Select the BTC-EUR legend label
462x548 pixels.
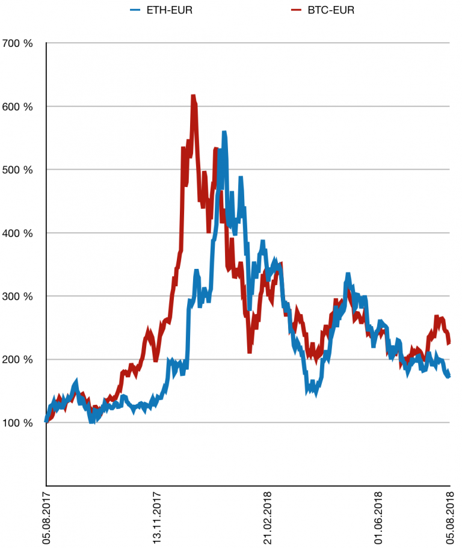[x=328, y=10]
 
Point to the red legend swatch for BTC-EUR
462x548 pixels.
[x=295, y=10]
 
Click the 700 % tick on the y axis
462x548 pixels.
[x=18, y=43]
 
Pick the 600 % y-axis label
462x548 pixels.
[x=18, y=106]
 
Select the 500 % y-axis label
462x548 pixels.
[x=18, y=170]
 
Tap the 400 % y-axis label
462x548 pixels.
[x=18, y=233]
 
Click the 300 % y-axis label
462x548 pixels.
[x=18, y=296]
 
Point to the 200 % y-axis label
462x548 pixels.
[x=18, y=360]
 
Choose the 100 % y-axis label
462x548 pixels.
[x=18, y=423]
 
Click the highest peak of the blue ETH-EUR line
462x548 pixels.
[x=224, y=132]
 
